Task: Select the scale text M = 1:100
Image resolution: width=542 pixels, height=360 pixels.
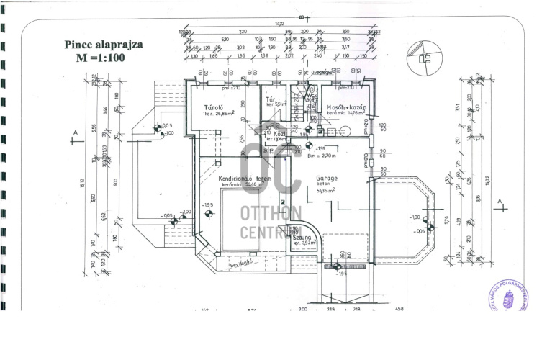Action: coord(101,58)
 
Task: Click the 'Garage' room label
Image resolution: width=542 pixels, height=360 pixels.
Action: coord(327,177)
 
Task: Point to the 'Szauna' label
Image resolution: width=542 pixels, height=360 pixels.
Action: coord(303,236)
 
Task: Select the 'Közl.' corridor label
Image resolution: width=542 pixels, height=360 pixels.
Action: coord(279,133)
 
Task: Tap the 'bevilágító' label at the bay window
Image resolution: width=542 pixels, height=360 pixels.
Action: coord(240,265)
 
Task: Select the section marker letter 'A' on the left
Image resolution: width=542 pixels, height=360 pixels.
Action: coord(75,132)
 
